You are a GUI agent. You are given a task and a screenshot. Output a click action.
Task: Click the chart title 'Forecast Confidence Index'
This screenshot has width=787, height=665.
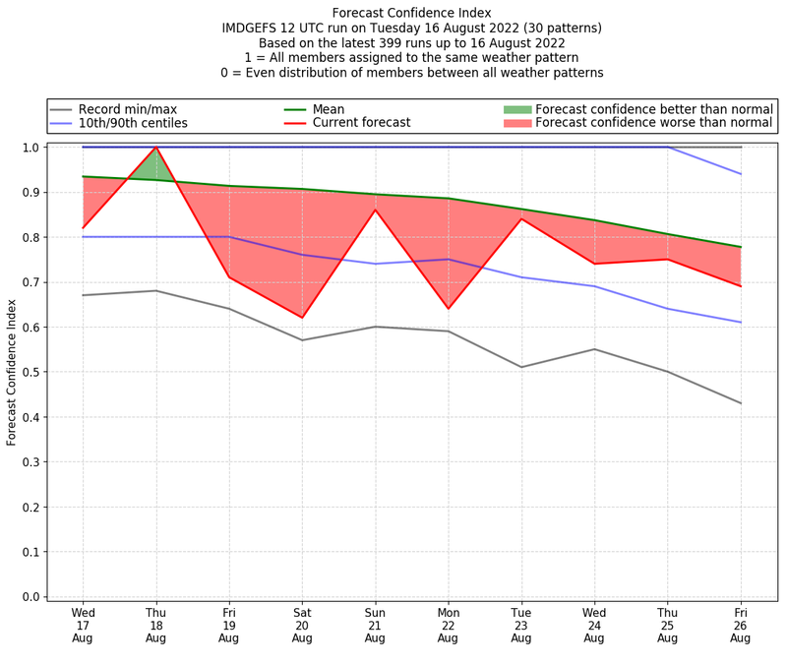412,13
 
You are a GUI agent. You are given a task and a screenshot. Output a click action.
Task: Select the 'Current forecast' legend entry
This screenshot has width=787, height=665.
361,123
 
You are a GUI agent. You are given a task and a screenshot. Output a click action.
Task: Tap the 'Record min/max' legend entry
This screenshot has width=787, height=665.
125,109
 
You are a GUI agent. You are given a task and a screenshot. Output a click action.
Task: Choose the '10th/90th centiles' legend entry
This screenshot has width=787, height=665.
133,123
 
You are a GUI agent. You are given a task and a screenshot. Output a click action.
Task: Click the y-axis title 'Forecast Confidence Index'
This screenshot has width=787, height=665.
12,372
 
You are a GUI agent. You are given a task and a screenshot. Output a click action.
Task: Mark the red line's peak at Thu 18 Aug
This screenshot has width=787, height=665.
155,148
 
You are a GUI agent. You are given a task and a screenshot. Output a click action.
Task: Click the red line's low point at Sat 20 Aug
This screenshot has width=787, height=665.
302,318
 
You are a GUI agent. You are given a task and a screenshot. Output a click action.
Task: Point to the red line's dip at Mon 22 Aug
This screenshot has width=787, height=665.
448,309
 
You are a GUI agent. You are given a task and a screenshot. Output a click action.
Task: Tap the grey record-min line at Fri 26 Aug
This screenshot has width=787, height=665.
741,403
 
